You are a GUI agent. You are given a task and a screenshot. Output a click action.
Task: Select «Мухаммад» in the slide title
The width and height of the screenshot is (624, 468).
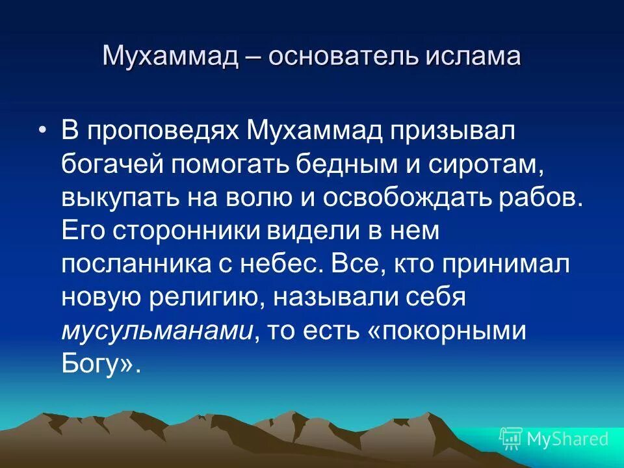(x=170, y=57)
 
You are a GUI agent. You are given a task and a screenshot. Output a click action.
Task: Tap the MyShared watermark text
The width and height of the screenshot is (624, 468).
(x=567, y=439)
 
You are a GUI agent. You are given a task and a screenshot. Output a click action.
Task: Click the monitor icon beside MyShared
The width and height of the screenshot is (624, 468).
(x=511, y=439)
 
